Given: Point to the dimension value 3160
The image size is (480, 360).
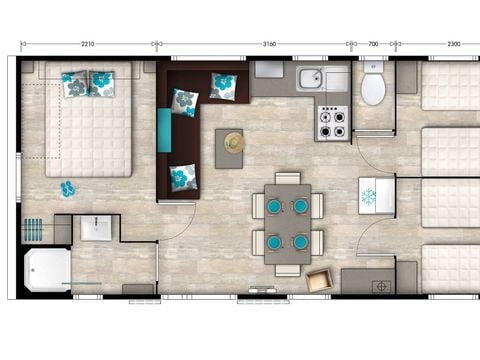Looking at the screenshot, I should pyautogui.click(x=268, y=45).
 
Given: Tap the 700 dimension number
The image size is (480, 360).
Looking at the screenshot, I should pyautogui.click(x=372, y=45).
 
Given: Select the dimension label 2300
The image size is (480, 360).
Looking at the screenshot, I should pyautogui.click(x=453, y=45).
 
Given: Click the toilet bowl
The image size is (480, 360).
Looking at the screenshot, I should pyautogui.click(x=373, y=90).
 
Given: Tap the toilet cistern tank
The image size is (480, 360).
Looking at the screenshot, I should pyautogui.click(x=373, y=69).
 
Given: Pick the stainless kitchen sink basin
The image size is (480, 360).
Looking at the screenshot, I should pyautogui.click(x=309, y=78).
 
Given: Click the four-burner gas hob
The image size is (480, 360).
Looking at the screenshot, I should pyautogui.click(x=331, y=123).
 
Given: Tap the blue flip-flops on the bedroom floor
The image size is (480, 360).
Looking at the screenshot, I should pyautogui.click(x=68, y=188).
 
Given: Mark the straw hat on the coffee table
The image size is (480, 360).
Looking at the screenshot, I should pyautogui.click(x=234, y=142).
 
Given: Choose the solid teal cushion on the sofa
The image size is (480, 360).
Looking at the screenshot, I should pyautogui.click(x=164, y=129).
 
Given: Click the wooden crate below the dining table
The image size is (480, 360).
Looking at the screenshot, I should pyautogui.click(x=320, y=280).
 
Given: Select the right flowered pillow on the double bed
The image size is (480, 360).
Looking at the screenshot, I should pyautogui.click(x=102, y=82).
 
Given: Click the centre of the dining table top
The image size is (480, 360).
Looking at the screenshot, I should pyautogui.click(x=287, y=223).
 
